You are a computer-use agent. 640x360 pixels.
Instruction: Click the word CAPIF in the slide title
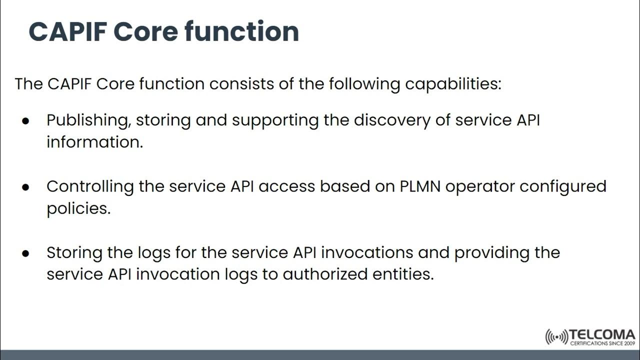pyautogui.click(x=67, y=31)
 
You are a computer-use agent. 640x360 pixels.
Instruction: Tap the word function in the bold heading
pyautogui.click(x=241, y=31)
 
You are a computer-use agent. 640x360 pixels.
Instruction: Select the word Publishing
pyautogui.click(x=88, y=120)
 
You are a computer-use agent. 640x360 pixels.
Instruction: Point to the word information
pyautogui.click(x=94, y=142)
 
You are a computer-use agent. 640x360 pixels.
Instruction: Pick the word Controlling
pyautogui.click(x=90, y=186)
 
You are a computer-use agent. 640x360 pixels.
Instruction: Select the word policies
pyautogui.click(x=78, y=208)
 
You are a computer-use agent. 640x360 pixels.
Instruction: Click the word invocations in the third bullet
pyautogui.click(x=367, y=252)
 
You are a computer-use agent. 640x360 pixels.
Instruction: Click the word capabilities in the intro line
pyautogui.click(x=453, y=83)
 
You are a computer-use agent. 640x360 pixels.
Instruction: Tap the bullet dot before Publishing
pyautogui.click(x=26, y=121)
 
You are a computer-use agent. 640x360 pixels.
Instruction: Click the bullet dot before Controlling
pyautogui.click(x=26, y=187)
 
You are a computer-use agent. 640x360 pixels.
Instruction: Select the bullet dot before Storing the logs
pyautogui.click(x=26, y=253)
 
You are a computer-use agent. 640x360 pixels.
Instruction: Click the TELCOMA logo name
pyautogui.click(x=602, y=334)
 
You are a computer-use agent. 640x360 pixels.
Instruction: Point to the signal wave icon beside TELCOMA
pyautogui.click(x=556, y=337)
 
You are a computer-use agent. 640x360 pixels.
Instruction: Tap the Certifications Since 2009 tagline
pyautogui.click(x=602, y=343)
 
